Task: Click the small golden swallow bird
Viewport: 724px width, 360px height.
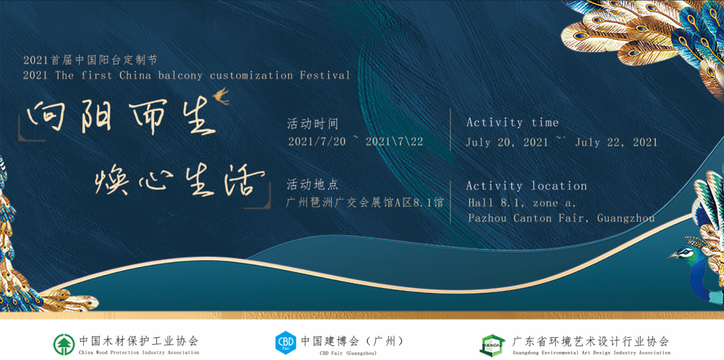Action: pyautogui.click(x=221, y=96)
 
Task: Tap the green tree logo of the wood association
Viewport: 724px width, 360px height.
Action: pyautogui.click(x=64, y=345)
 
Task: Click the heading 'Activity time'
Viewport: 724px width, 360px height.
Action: pyautogui.click(x=513, y=123)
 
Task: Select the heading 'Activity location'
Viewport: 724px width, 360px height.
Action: pyautogui.click(x=526, y=186)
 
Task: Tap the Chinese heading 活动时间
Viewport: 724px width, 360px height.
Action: pyautogui.click(x=313, y=124)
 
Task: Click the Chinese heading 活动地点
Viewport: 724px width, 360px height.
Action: pyautogui.click(x=312, y=184)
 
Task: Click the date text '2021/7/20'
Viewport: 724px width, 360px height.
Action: pyautogui.click(x=316, y=141)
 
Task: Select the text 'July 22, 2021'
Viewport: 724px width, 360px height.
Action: pyautogui.click(x=616, y=142)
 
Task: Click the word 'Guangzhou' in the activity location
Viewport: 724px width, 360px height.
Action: pyautogui.click(x=625, y=218)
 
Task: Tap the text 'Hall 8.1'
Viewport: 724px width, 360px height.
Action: pyautogui.click(x=495, y=202)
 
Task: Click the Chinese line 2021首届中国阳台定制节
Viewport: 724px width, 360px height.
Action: pyautogui.click(x=90, y=60)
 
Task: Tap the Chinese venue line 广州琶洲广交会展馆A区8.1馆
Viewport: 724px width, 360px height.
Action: pyautogui.click(x=365, y=202)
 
